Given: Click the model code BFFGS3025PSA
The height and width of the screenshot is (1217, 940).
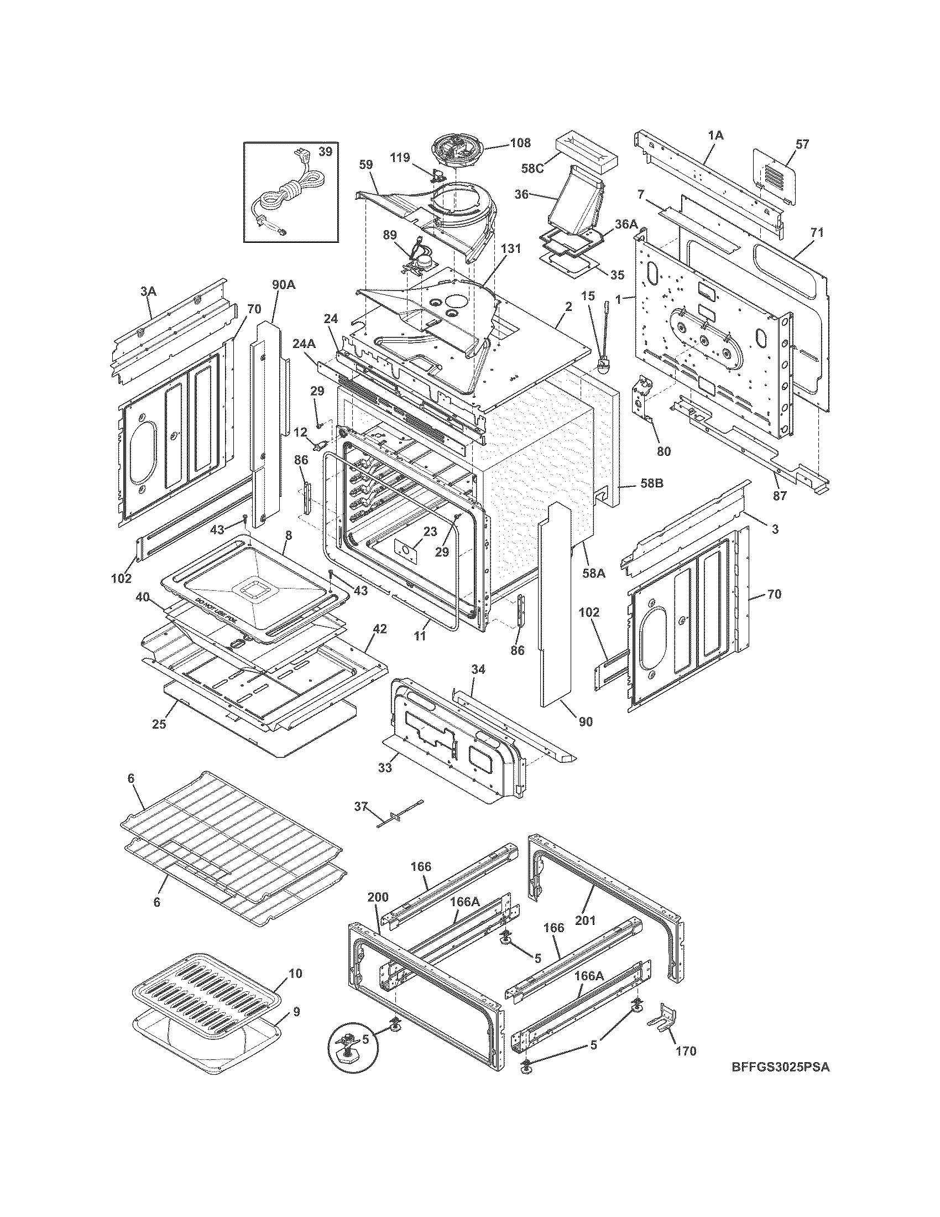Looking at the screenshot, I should pos(780,1083).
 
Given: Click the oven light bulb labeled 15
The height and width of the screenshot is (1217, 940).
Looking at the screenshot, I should pos(603,365).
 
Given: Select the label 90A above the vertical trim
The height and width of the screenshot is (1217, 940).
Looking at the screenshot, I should pos(284,285).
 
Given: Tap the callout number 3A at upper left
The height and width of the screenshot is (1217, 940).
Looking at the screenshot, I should pos(148,291).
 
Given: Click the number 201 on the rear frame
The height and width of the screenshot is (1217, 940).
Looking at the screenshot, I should pos(585,920).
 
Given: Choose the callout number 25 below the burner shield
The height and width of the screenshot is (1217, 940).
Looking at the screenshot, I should pos(159,725).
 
